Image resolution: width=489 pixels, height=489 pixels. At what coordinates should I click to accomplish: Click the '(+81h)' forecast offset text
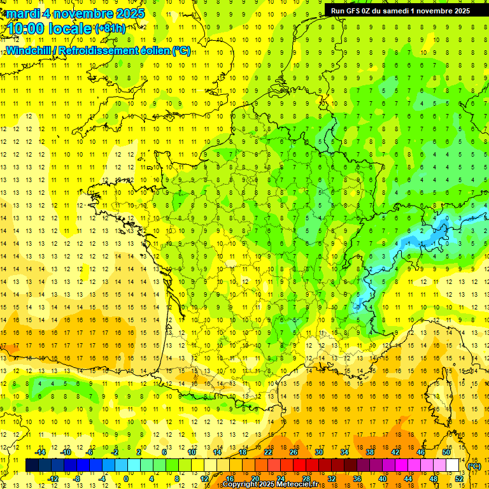tap(110, 28)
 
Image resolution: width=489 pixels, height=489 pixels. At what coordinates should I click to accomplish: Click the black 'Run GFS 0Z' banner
tap(400, 10)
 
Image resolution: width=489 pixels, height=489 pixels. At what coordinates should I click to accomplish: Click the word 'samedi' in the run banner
tap(395, 10)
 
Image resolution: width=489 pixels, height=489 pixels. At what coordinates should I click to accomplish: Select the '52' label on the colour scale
tap(458, 478)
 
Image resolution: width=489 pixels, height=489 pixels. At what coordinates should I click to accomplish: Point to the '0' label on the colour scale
tap(126, 478)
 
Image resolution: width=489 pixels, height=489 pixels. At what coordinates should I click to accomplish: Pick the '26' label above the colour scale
tap(294, 452)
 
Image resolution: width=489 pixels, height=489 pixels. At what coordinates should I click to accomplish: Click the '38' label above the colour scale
tap(370, 452)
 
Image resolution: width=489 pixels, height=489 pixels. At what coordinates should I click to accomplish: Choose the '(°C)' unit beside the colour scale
tap(474, 466)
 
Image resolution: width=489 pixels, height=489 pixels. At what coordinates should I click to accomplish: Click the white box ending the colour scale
tap(453, 465)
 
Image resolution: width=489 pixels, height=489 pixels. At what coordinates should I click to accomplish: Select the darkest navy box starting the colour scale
tap(32, 465)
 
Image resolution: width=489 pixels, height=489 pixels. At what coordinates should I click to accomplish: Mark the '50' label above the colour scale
tap(446, 452)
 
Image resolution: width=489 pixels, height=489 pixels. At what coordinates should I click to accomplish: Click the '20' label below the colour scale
tap(255, 478)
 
